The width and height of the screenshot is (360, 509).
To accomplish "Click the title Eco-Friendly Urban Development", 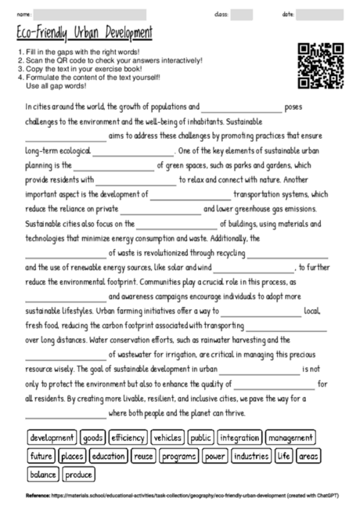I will [84, 34].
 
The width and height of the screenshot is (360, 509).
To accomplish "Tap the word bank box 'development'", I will [52, 438].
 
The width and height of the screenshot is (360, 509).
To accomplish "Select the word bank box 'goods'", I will [93, 438].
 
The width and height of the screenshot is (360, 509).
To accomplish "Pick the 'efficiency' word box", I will [128, 438].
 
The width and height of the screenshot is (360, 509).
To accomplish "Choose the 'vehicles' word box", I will [167, 438].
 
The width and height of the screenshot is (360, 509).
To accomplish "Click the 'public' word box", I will [201, 438].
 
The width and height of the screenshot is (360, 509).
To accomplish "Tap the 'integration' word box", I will [239, 438].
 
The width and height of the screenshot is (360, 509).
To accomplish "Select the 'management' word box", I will [290, 438].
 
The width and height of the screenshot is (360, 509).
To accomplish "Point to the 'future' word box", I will [41, 456].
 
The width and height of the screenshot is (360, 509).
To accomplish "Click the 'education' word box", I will [108, 456].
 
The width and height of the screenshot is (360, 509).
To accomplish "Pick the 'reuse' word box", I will [144, 456].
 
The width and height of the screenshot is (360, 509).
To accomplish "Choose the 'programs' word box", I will [180, 456].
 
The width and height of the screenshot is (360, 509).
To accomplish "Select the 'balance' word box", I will [43, 474].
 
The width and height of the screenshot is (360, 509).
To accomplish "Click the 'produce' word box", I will [79, 474].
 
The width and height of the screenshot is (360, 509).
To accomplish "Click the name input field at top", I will [90, 14].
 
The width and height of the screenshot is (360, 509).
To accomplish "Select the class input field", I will [242, 14].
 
